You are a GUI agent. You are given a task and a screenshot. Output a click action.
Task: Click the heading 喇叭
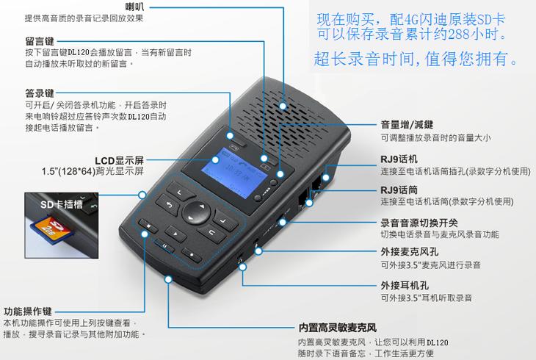[134, 7]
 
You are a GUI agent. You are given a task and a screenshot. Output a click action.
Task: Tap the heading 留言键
[40, 41]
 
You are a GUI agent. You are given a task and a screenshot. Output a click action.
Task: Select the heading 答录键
[40, 93]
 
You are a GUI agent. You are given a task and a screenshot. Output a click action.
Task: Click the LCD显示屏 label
[119, 160]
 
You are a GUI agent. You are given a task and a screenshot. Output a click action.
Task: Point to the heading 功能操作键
[28, 312]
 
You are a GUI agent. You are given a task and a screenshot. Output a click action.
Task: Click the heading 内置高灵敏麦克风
[338, 328]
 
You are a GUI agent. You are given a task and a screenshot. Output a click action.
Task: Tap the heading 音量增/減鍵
[407, 125]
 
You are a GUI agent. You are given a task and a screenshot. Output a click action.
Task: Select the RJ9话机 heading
[399, 159]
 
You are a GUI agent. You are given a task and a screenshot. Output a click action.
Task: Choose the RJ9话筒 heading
[399, 190]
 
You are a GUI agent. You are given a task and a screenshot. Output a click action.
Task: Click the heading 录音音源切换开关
[419, 223]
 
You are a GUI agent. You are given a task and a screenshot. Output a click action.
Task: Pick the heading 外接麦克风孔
[410, 252]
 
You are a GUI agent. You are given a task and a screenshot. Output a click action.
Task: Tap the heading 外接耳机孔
[405, 285]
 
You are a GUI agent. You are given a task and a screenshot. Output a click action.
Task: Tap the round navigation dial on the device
[196, 212]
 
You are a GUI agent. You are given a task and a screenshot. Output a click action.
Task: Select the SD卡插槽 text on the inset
[62, 205]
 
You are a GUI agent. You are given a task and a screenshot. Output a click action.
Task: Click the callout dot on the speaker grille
[283, 106]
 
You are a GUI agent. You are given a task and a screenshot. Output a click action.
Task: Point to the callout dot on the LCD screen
[215, 159]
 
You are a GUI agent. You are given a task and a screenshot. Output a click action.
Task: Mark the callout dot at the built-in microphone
[168, 279]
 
